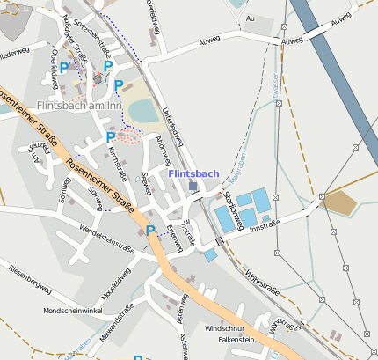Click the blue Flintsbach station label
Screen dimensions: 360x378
(x=193, y=173)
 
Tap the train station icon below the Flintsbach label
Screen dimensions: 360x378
(x=193, y=186)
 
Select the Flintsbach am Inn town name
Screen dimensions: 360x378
(x=78, y=106)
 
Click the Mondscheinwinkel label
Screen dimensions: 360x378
(x=73, y=311)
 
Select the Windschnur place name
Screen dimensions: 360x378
(x=223, y=327)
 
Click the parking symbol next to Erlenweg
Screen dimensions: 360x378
(x=150, y=231)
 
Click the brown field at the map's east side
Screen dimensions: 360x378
(x=339, y=203)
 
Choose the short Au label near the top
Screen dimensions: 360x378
(x=251, y=18)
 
